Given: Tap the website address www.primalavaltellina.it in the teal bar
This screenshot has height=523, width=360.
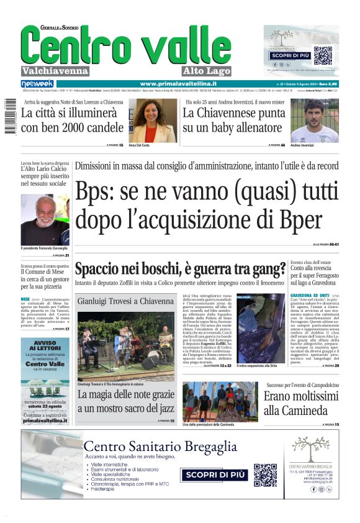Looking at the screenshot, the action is [178, 84].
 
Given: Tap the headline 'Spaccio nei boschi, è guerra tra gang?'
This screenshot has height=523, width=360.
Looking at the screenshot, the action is [181, 270].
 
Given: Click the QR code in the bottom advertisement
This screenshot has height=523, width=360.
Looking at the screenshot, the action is [265, 475].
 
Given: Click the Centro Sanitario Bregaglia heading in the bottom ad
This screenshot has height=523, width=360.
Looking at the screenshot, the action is [160, 447].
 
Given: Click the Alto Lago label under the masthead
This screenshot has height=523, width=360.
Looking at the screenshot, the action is [207, 71].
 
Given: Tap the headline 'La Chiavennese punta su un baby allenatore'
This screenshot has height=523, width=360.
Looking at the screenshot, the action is [233, 121].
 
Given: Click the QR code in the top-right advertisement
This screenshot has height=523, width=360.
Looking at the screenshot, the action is [323, 55].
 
